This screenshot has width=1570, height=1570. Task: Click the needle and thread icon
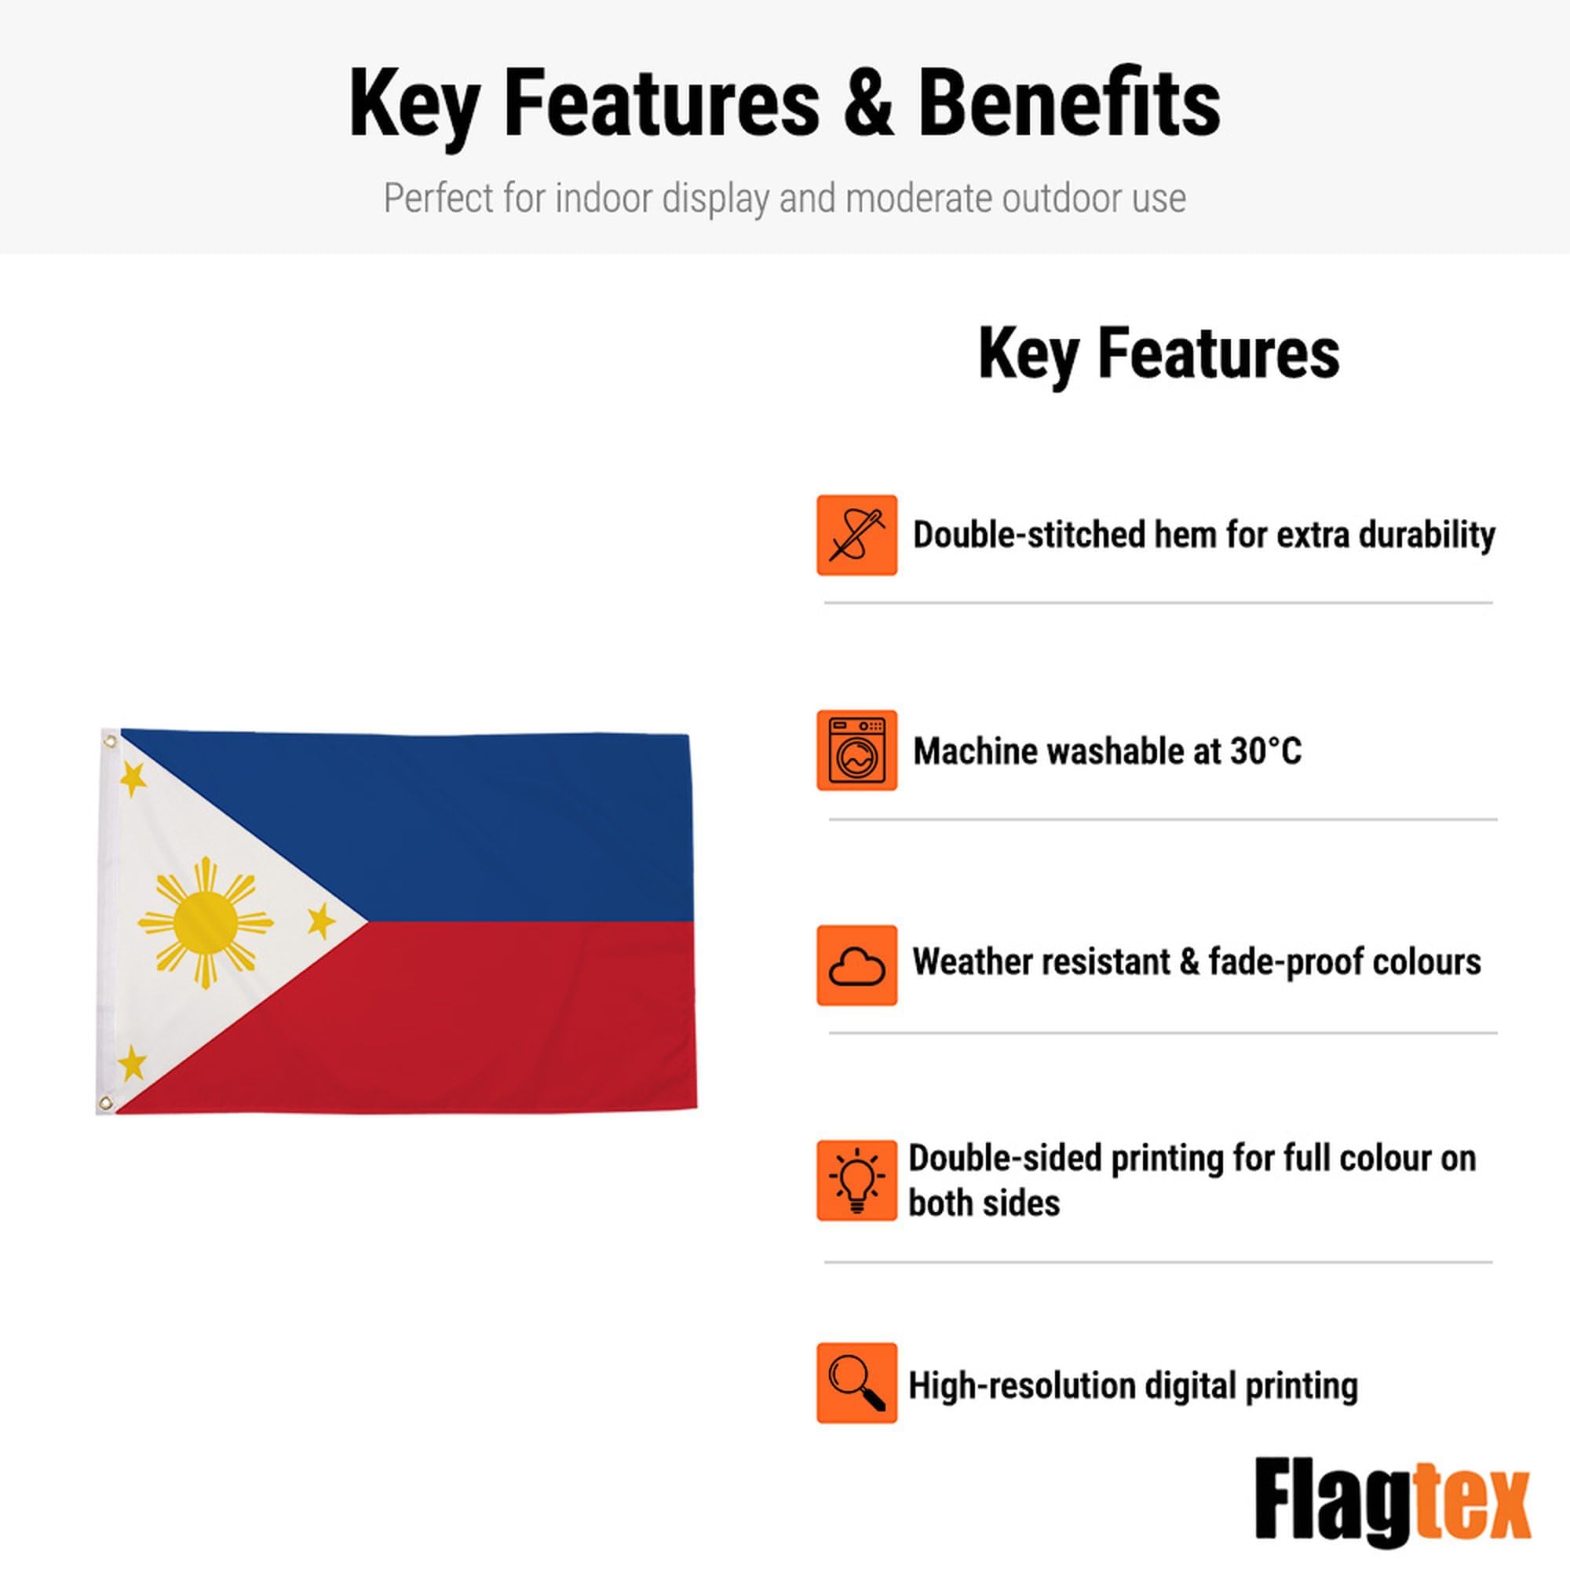856,535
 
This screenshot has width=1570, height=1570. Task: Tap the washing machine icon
856,750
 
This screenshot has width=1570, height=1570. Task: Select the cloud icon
856,966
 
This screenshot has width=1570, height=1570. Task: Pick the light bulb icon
856,1181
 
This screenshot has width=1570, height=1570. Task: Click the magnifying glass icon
856,1383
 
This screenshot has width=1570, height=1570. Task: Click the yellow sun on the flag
206,923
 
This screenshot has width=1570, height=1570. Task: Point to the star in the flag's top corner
133,780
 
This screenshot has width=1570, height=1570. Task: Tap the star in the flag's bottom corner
132,1063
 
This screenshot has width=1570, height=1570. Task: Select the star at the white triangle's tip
322,920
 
